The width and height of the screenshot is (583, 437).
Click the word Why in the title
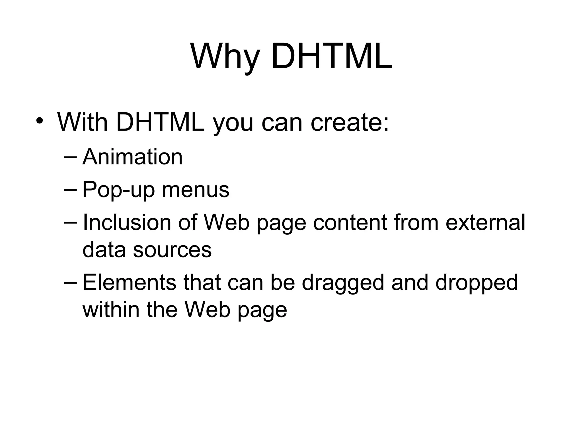pos(225,56)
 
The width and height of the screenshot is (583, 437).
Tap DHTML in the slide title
pos(332,56)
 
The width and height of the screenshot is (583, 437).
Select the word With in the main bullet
pos(83,122)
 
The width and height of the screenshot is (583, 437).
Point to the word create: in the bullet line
pos(350,122)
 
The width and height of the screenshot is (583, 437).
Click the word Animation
pos(132,157)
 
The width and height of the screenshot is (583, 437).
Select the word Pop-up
pos(118,190)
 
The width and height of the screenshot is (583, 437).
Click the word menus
pos(196,190)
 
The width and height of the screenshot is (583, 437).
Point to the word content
pos(350,222)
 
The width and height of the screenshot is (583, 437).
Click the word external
pos(485,222)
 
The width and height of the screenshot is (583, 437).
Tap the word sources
pos(172,250)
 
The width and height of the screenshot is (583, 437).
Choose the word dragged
pos(343,283)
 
